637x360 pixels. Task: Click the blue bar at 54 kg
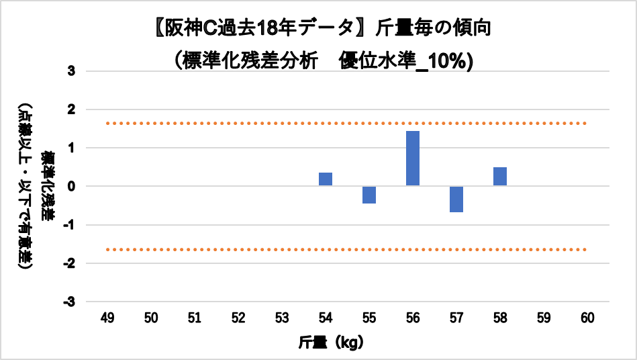326,179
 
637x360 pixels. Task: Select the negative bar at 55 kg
369,195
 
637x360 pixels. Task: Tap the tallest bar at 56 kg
413,159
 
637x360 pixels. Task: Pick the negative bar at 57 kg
456,199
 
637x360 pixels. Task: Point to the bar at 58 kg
500,177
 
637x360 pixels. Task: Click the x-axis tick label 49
107,317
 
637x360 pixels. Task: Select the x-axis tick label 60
587,317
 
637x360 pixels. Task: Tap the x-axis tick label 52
238,317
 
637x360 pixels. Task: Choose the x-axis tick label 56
413,317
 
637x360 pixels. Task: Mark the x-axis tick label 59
544,317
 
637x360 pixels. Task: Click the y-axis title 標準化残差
48,186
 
